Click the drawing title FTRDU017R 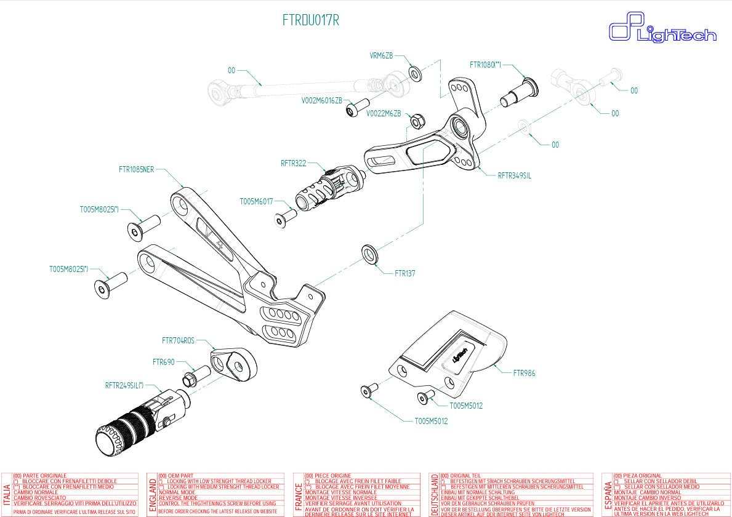(310, 20)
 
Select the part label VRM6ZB (381, 56)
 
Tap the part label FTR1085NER (136, 169)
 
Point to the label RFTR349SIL (514, 175)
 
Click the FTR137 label (404, 273)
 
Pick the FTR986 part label (524, 373)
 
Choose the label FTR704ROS (178, 340)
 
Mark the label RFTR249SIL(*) (124, 386)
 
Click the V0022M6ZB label (384, 114)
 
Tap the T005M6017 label (256, 201)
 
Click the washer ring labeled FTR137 (370, 252)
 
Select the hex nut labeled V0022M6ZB (416, 118)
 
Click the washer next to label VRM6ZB (415, 74)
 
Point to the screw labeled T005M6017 (285, 217)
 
